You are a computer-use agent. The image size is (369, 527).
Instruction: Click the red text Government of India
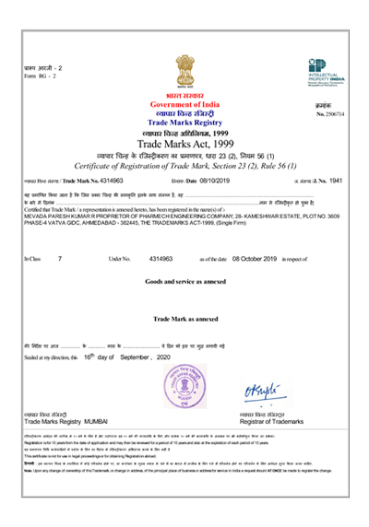(x=185, y=105)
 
